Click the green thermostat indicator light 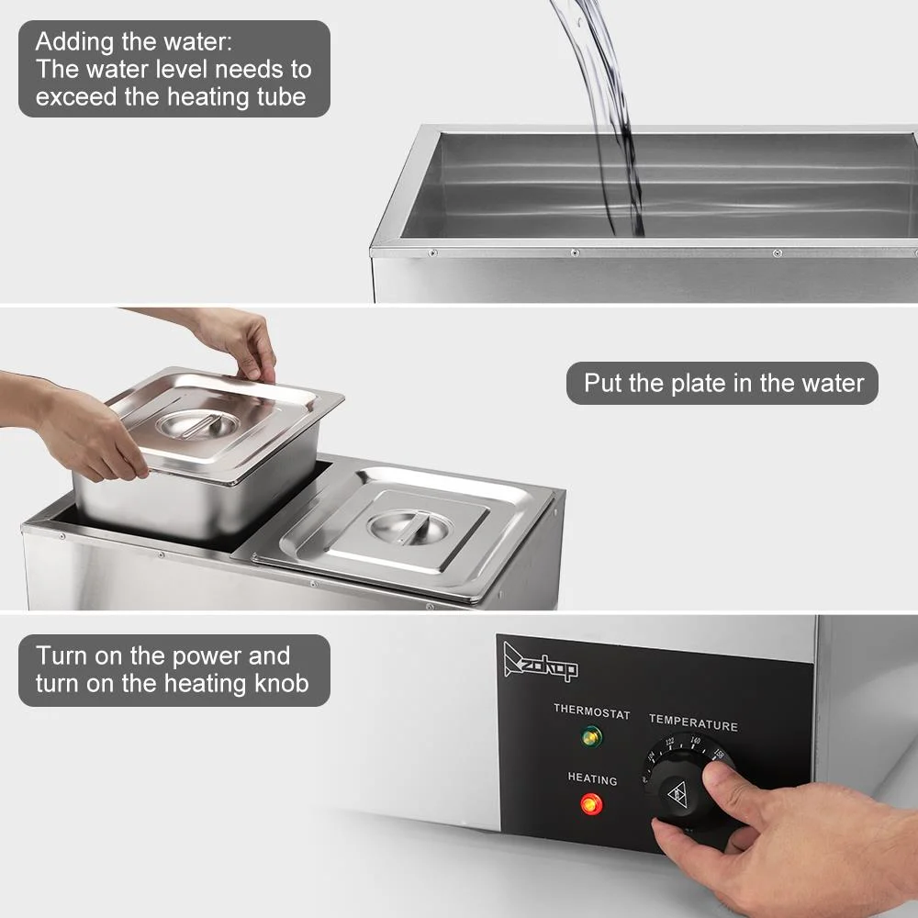(x=592, y=736)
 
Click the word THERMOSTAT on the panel (x=591, y=711)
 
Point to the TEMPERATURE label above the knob (x=693, y=724)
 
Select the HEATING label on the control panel (x=592, y=779)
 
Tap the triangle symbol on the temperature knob (x=678, y=794)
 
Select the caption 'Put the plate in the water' (x=723, y=383)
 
